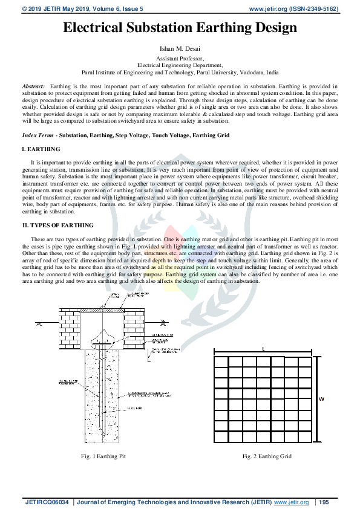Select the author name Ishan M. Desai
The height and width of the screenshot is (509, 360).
pos(180,47)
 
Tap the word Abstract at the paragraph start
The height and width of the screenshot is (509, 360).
pos(33,86)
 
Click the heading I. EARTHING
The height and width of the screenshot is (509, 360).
pos(41,149)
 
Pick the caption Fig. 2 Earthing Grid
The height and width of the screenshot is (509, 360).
pos(267,456)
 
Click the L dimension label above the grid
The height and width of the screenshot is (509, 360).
pos(263,349)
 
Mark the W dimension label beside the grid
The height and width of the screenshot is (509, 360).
pos(321,399)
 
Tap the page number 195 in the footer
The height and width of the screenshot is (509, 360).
pos(324,502)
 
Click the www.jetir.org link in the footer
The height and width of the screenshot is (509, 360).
pos(292,502)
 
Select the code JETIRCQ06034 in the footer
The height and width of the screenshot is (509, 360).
pos(48,502)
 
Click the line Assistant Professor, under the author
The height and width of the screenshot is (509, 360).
pos(180,57)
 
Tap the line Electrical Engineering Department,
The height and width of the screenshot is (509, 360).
pos(180,63)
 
